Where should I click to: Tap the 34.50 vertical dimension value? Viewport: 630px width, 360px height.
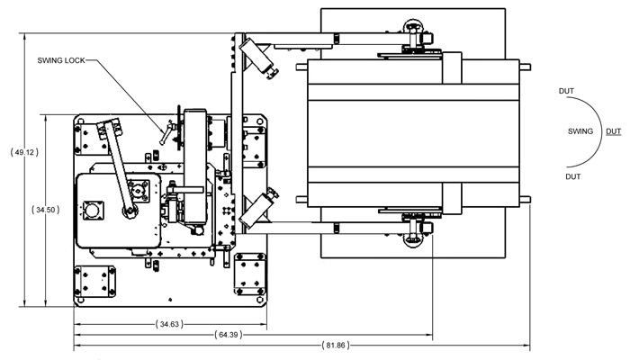(45, 210)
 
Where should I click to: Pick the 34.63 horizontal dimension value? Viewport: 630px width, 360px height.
(169, 322)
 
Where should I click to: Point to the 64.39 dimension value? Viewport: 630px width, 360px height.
(229, 334)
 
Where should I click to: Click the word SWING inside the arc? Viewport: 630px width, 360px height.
(580, 131)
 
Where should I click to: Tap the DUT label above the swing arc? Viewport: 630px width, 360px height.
(567, 91)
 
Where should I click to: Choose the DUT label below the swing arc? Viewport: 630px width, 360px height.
(572, 177)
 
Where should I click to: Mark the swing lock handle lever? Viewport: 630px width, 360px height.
(165, 135)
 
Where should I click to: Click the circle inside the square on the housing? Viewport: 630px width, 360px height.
(92, 212)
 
